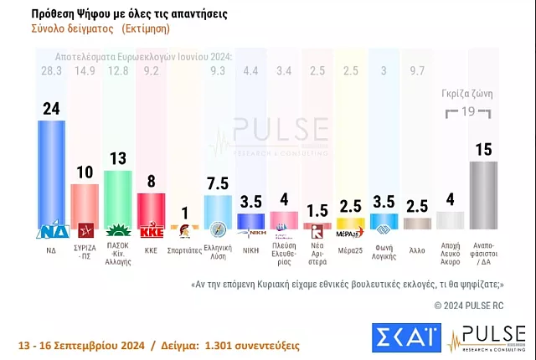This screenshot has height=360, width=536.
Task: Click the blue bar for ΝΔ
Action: click(51, 172)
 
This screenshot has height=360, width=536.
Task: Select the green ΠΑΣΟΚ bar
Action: click(117, 197)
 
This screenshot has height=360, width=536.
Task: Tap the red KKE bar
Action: click(151, 207)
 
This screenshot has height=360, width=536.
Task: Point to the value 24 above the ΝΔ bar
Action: click(51, 108)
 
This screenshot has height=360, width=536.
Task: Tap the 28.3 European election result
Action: click(51, 71)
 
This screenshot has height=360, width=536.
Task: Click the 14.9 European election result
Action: click(85, 71)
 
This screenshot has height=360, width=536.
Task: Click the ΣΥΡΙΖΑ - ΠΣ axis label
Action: click(85, 251)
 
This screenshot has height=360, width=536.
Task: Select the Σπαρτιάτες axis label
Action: click(184, 249)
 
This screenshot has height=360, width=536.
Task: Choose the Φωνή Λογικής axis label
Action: click(384, 251)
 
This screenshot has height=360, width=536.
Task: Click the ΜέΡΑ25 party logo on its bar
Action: click(350, 224)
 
